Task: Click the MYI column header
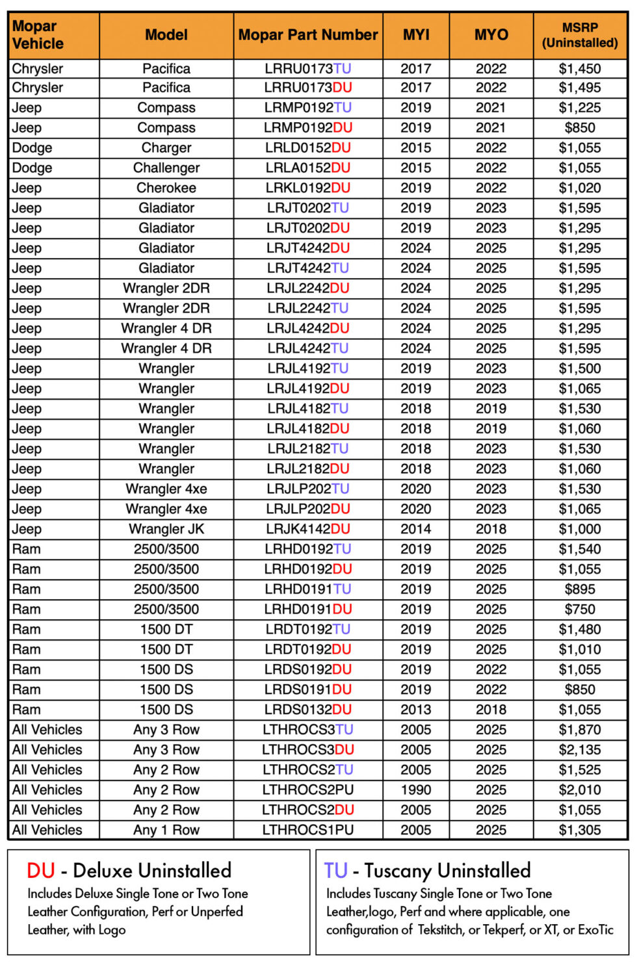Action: [416, 35]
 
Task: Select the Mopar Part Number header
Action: [308, 35]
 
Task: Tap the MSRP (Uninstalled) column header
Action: [580, 35]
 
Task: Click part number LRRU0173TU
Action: [308, 68]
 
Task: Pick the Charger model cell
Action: [166, 148]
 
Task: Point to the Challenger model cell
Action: [166, 168]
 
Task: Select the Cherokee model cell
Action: [166, 188]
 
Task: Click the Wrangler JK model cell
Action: [166, 530]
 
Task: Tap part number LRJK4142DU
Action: [308, 530]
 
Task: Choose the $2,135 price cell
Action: [580, 750]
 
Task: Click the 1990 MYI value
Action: [416, 790]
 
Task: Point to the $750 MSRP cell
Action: [580, 610]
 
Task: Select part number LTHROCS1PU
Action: [308, 830]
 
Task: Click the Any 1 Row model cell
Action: [166, 830]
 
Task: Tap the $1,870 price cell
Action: [580, 730]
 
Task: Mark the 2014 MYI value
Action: [416, 530]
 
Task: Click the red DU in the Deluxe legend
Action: [41, 871]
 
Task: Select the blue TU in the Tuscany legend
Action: [336, 871]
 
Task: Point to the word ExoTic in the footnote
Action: [595, 930]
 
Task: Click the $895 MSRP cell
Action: [580, 589]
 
